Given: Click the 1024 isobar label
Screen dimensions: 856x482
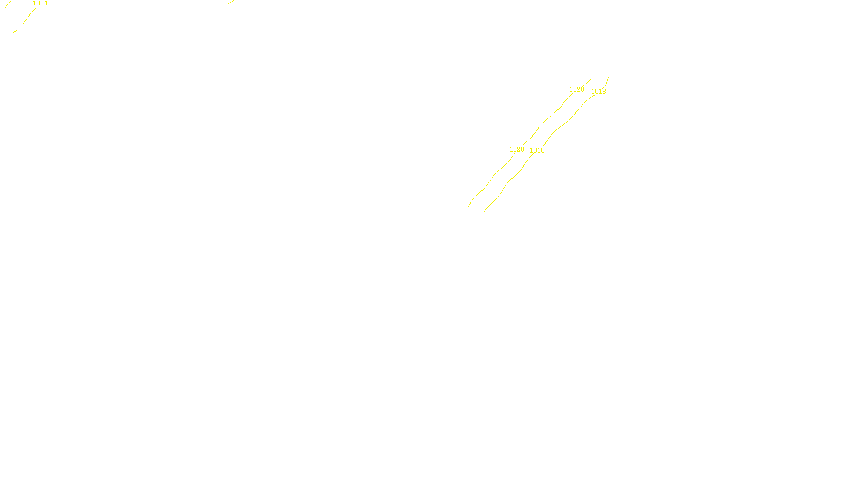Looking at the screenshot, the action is click(x=40, y=3).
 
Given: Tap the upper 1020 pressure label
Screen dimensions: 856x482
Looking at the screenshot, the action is click(x=576, y=89).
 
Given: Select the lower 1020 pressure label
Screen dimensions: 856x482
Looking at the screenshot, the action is click(x=516, y=149).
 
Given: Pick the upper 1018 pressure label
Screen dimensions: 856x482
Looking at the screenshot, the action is click(x=598, y=92).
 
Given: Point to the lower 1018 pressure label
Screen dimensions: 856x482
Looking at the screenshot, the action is click(x=537, y=150).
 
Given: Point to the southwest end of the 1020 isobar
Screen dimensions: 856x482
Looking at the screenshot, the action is click(x=468, y=207).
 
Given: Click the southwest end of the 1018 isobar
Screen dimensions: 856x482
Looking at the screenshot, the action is click(x=484, y=212).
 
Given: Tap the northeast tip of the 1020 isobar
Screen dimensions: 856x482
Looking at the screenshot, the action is click(x=590, y=80).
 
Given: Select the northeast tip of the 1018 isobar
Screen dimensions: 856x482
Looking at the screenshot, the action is click(x=608, y=78).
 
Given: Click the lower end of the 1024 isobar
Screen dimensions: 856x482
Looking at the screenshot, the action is click(x=14, y=32).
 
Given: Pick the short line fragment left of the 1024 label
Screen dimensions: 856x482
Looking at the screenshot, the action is click(x=8, y=4).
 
